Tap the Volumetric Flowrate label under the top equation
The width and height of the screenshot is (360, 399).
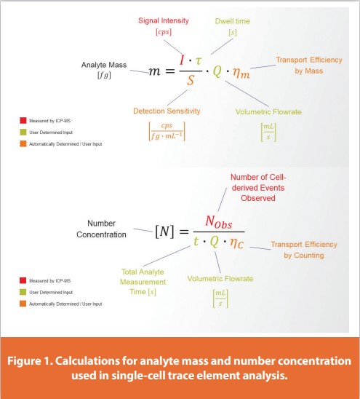[268, 112]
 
